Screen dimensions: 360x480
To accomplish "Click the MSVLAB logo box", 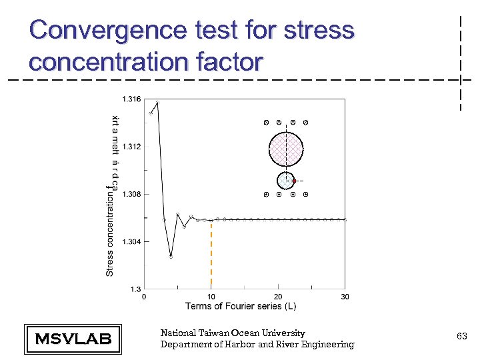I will [x=73, y=339].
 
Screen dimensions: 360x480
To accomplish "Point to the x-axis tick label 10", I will [x=211, y=297].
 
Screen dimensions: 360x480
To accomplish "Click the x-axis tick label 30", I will [x=345, y=297].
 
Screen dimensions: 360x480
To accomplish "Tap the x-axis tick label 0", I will [x=145, y=297].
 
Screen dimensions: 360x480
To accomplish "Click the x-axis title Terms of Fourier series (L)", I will [x=241, y=306].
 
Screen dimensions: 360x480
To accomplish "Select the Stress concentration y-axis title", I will [x=111, y=233].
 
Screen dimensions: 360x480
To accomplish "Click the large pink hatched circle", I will [x=286, y=149].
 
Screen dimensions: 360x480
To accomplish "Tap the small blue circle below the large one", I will [x=285, y=180].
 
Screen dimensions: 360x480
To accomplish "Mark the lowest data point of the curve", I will [x=171, y=257].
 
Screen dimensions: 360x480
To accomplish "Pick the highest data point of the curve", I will [x=157, y=103].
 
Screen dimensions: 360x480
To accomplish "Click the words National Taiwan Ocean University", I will [x=233, y=333].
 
